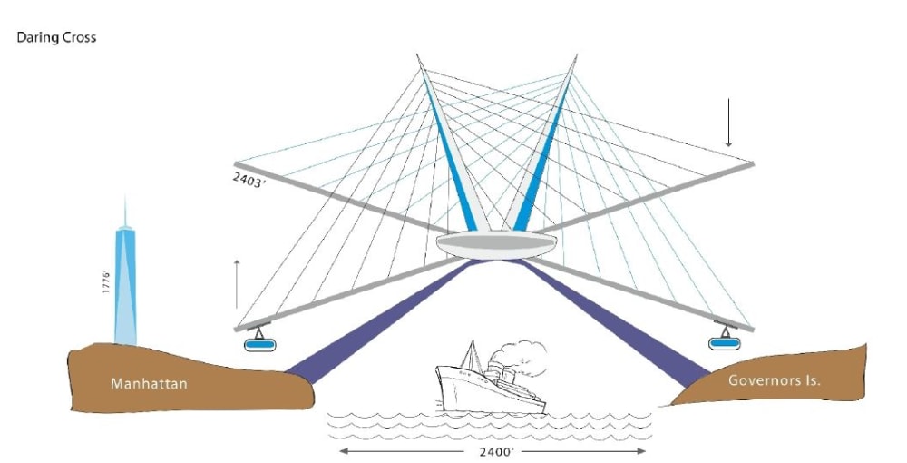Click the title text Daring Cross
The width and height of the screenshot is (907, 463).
coord(56,37)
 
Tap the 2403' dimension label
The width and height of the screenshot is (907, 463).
coord(249,182)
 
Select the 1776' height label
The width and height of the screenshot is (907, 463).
coord(106,281)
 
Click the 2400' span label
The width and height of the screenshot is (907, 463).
coord(496,451)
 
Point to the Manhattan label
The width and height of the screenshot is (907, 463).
coord(150,383)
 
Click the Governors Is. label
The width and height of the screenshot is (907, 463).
coord(774,380)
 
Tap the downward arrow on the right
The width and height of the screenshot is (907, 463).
coord(728,123)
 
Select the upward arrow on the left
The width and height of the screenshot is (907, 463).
coord(237,284)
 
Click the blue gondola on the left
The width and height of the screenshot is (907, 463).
coord(259,344)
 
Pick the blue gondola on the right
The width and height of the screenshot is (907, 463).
coord(724,343)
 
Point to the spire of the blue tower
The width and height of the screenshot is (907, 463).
coord(125,212)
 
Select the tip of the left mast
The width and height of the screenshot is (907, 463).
coord(417,55)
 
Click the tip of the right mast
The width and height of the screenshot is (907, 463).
coord(577,55)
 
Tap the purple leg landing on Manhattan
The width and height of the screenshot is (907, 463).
coord(382,321)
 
